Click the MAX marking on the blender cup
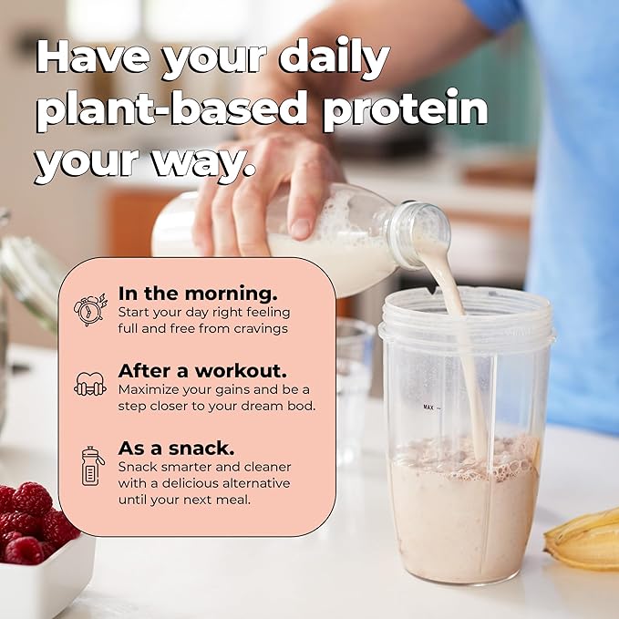tap(428, 408)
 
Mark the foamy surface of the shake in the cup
tap(465, 451)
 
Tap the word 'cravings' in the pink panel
tap(259, 328)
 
